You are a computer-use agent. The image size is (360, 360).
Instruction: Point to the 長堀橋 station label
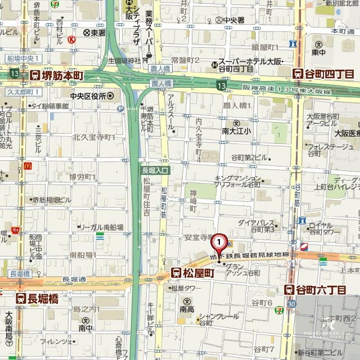click(37, 298)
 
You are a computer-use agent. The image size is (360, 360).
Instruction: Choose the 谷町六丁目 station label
click(314, 290)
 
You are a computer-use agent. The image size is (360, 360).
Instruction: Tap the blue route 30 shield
click(291, 304)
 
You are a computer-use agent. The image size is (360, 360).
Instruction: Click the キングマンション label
click(235, 178)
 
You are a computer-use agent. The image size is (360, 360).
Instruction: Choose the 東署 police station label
click(94, 33)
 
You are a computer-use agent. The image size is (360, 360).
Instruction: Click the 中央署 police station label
click(231, 20)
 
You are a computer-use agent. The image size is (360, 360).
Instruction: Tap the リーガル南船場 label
click(97, 227)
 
